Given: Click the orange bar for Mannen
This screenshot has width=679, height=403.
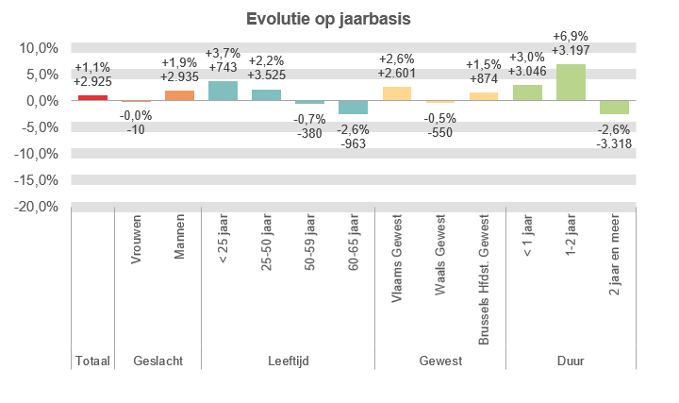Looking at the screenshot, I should click(179, 95).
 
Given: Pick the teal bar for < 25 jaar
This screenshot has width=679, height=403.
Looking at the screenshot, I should click(223, 91).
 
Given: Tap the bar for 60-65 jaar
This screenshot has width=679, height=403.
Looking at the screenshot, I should click(353, 108).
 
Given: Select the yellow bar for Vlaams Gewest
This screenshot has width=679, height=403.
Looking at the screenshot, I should click(396, 93).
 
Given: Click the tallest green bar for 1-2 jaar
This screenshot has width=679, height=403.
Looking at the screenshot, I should click(571, 82).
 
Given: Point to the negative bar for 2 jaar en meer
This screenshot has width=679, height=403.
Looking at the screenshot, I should click(614, 108).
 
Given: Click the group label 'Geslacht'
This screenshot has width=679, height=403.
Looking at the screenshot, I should click(157, 361).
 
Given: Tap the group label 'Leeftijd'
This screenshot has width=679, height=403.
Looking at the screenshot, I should click(288, 361).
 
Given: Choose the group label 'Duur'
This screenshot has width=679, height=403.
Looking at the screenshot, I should click(571, 361).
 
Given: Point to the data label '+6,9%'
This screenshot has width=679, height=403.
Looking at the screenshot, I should click(571, 36).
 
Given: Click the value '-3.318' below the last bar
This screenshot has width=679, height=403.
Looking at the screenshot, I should click(614, 143).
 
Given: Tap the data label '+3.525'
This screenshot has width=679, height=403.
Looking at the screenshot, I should click(266, 76).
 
